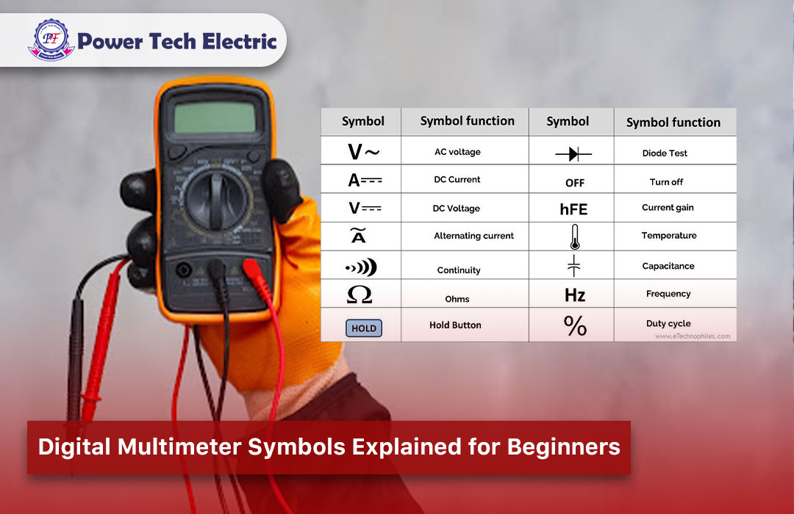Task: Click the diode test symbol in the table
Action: point(573,154)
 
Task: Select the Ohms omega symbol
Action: point(360,295)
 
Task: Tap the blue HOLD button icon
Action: point(363,328)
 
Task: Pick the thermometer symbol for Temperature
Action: point(573,237)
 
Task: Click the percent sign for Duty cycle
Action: point(575,325)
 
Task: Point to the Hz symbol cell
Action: point(574,295)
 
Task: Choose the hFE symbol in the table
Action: point(573,209)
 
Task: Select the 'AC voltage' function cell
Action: point(457,152)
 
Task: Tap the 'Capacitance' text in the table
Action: point(668,266)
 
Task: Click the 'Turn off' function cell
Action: point(666,181)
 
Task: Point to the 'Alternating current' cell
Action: point(473,236)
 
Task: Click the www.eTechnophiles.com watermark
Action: point(692,336)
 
